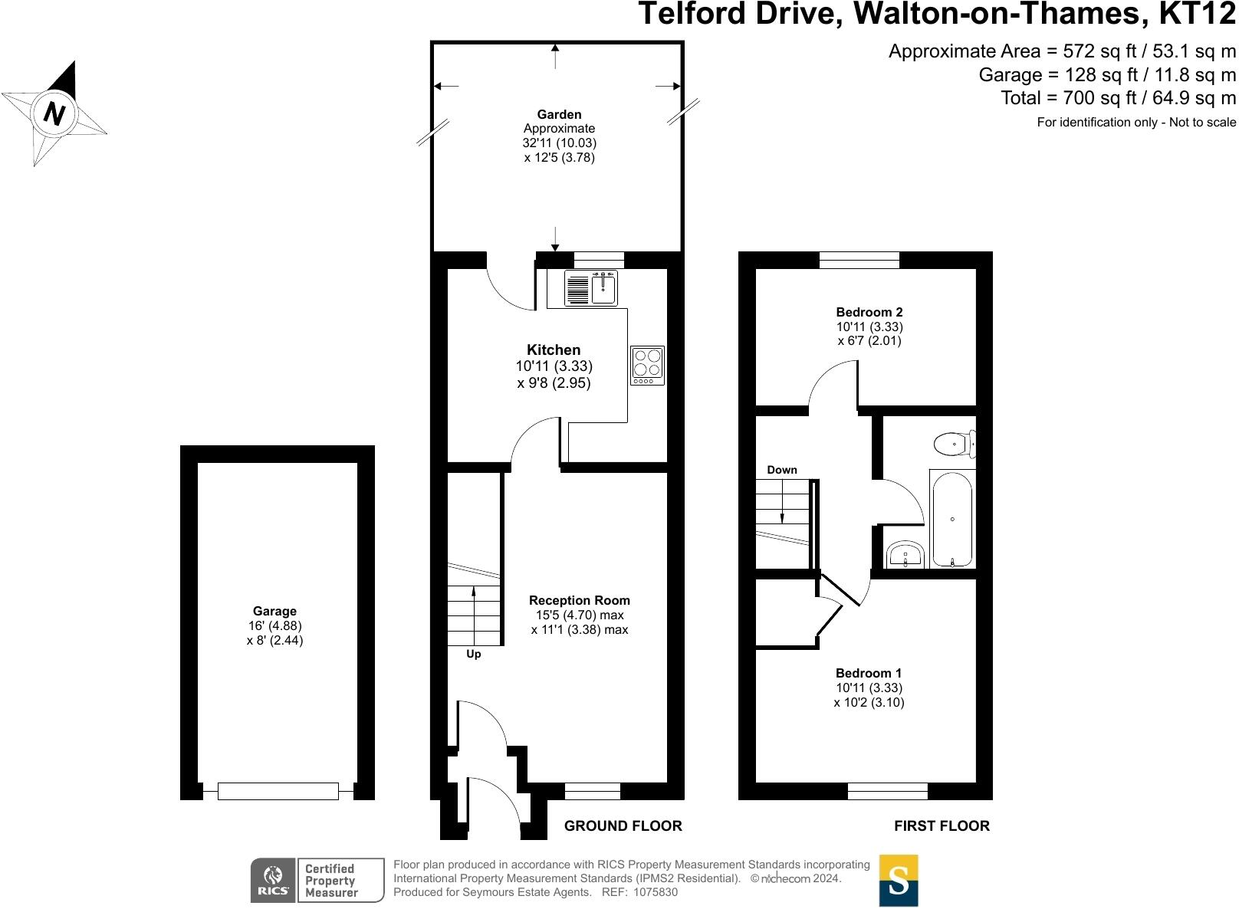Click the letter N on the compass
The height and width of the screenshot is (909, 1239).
(x=54, y=113)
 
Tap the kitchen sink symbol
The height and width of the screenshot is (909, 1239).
(x=591, y=288)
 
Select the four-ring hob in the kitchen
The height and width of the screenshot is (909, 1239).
(x=647, y=366)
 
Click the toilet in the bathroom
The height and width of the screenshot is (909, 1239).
(x=954, y=443)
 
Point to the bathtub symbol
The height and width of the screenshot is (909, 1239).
(x=952, y=520)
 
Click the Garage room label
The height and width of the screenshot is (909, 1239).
(x=274, y=612)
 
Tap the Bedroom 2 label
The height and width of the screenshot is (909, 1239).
(x=869, y=312)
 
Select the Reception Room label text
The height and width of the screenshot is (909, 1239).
(x=579, y=601)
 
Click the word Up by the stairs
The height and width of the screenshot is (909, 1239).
(x=474, y=655)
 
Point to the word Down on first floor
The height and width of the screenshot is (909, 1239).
(x=781, y=470)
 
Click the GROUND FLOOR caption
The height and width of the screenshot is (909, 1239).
(x=623, y=825)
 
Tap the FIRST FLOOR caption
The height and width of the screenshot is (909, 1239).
(x=942, y=825)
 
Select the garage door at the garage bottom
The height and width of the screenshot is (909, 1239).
(x=278, y=791)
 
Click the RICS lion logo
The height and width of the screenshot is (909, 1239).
(x=273, y=880)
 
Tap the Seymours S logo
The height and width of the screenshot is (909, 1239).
(x=898, y=881)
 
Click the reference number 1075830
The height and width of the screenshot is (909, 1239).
(x=652, y=892)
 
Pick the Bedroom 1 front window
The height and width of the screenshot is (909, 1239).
(x=887, y=791)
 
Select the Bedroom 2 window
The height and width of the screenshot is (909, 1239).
(x=859, y=261)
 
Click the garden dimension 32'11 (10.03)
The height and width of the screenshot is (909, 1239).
(x=559, y=143)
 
